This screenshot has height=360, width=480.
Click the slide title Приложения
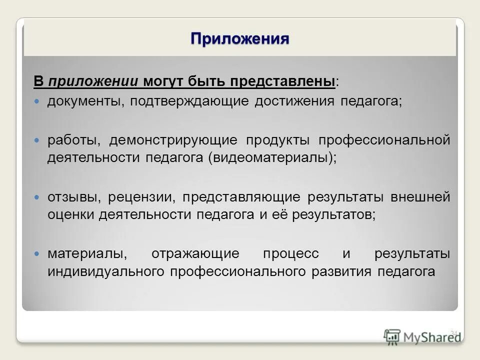point(240,38)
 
